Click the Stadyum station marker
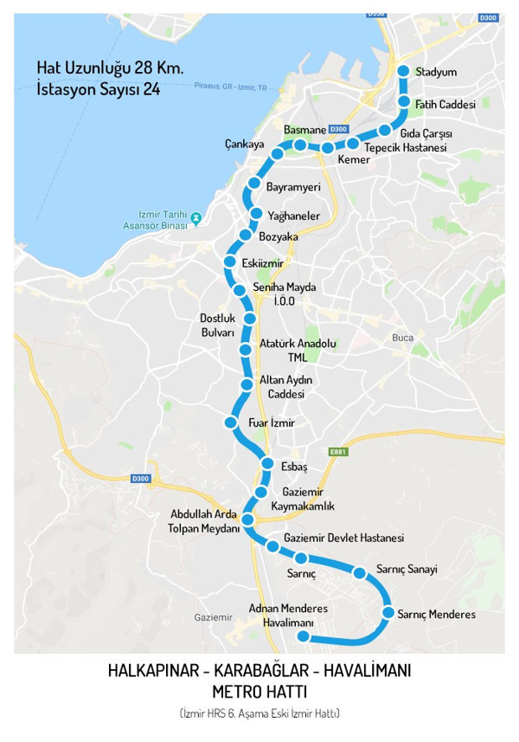(403, 72)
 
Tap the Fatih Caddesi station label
(445, 105)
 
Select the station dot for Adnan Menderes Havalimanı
(303, 636)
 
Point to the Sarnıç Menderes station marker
(389, 614)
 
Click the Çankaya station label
(244, 144)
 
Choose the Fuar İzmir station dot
(230, 423)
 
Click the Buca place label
(403, 338)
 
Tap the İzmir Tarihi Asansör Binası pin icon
(196, 217)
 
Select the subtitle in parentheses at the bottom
(259, 713)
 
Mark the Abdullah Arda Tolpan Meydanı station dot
(247, 519)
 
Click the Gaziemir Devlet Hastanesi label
(343, 538)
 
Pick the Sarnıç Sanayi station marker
(359, 571)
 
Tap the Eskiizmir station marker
(230, 261)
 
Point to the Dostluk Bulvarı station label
(218, 325)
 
